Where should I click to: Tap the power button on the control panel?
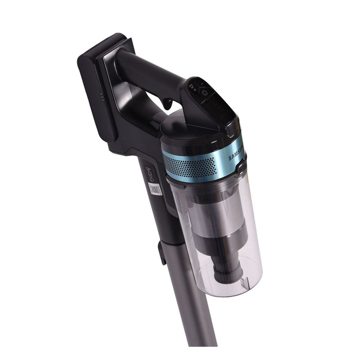[x=205, y=93]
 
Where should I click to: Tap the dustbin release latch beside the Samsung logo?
[x=241, y=167]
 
